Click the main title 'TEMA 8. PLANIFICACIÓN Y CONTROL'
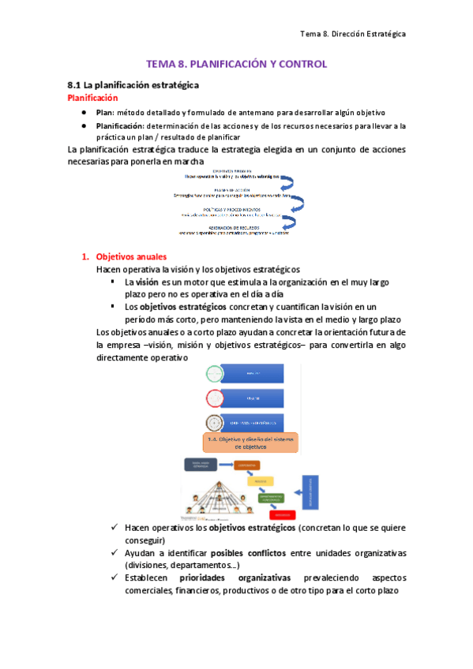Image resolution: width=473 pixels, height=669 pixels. [x=236, y=64]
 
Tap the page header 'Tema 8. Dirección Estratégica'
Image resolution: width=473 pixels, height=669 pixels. [x=353, y=34]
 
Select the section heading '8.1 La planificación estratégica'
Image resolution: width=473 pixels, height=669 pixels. [x=132, y=84]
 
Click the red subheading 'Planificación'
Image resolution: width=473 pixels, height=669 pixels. [x=92, y=98]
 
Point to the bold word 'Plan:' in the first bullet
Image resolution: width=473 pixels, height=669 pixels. [x=106, y=113]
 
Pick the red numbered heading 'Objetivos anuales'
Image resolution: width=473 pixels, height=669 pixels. [x=131, y=256]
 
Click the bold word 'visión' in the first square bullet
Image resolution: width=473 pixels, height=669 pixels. [x=146, y=282]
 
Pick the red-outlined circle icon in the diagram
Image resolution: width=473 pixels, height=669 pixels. [x=214, y=398]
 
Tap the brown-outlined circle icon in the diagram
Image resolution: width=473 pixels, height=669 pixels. [x=214, y=421]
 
